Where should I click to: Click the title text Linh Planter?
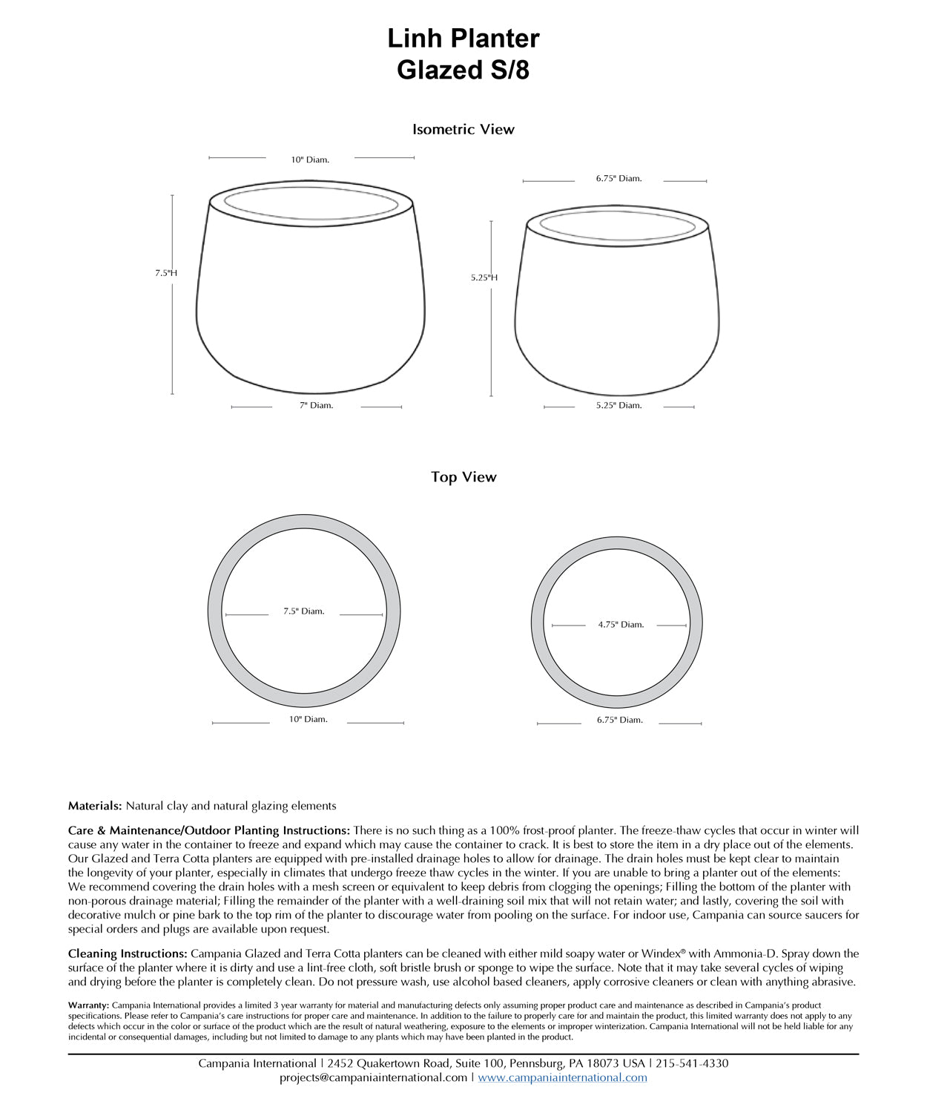point(463,39)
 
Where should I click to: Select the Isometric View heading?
point(463,129)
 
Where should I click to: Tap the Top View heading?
point(463,477)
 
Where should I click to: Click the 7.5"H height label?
point(166,273)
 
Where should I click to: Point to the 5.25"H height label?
point(484,278)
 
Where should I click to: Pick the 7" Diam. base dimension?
point(317,405)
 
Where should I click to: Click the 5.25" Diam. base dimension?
point(618,405)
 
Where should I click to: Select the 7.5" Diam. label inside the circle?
point(304,611)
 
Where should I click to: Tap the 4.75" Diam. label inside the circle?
point(621,625)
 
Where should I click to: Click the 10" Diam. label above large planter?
point(310,160)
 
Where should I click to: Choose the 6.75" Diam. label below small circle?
point(620,720)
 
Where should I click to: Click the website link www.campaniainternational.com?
point(562,1077)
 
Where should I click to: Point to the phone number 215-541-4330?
point(692,1063)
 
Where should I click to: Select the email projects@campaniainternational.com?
point(374,1077)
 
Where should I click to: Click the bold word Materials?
point(95,806)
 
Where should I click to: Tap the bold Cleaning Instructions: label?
point(128,953)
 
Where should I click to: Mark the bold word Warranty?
point(88,1005)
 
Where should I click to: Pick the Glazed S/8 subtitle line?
point(463,70)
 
